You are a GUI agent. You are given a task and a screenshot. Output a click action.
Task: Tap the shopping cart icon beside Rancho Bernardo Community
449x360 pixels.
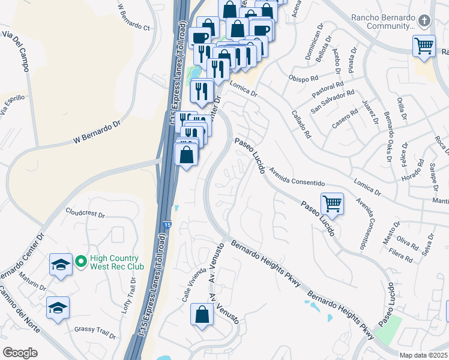424,46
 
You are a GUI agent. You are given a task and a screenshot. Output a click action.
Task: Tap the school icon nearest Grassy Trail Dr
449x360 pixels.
58,308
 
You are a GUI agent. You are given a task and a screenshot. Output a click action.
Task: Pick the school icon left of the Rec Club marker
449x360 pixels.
61,265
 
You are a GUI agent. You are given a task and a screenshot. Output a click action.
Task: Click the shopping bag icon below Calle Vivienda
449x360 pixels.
202,313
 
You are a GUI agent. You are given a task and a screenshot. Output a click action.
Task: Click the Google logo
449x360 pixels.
20,352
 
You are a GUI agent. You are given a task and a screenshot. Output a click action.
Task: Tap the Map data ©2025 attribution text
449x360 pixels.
423,355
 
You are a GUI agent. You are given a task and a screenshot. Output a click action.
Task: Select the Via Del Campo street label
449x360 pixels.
16,52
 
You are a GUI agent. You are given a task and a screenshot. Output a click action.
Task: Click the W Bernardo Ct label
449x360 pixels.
133,17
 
